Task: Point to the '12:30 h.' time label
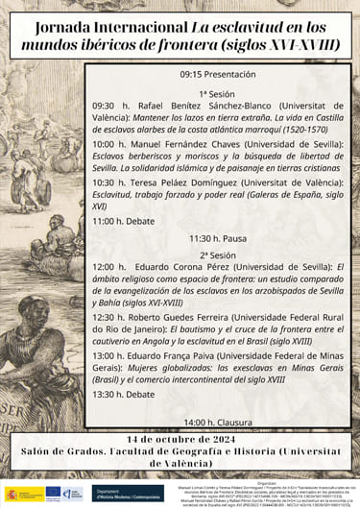[110, 316]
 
